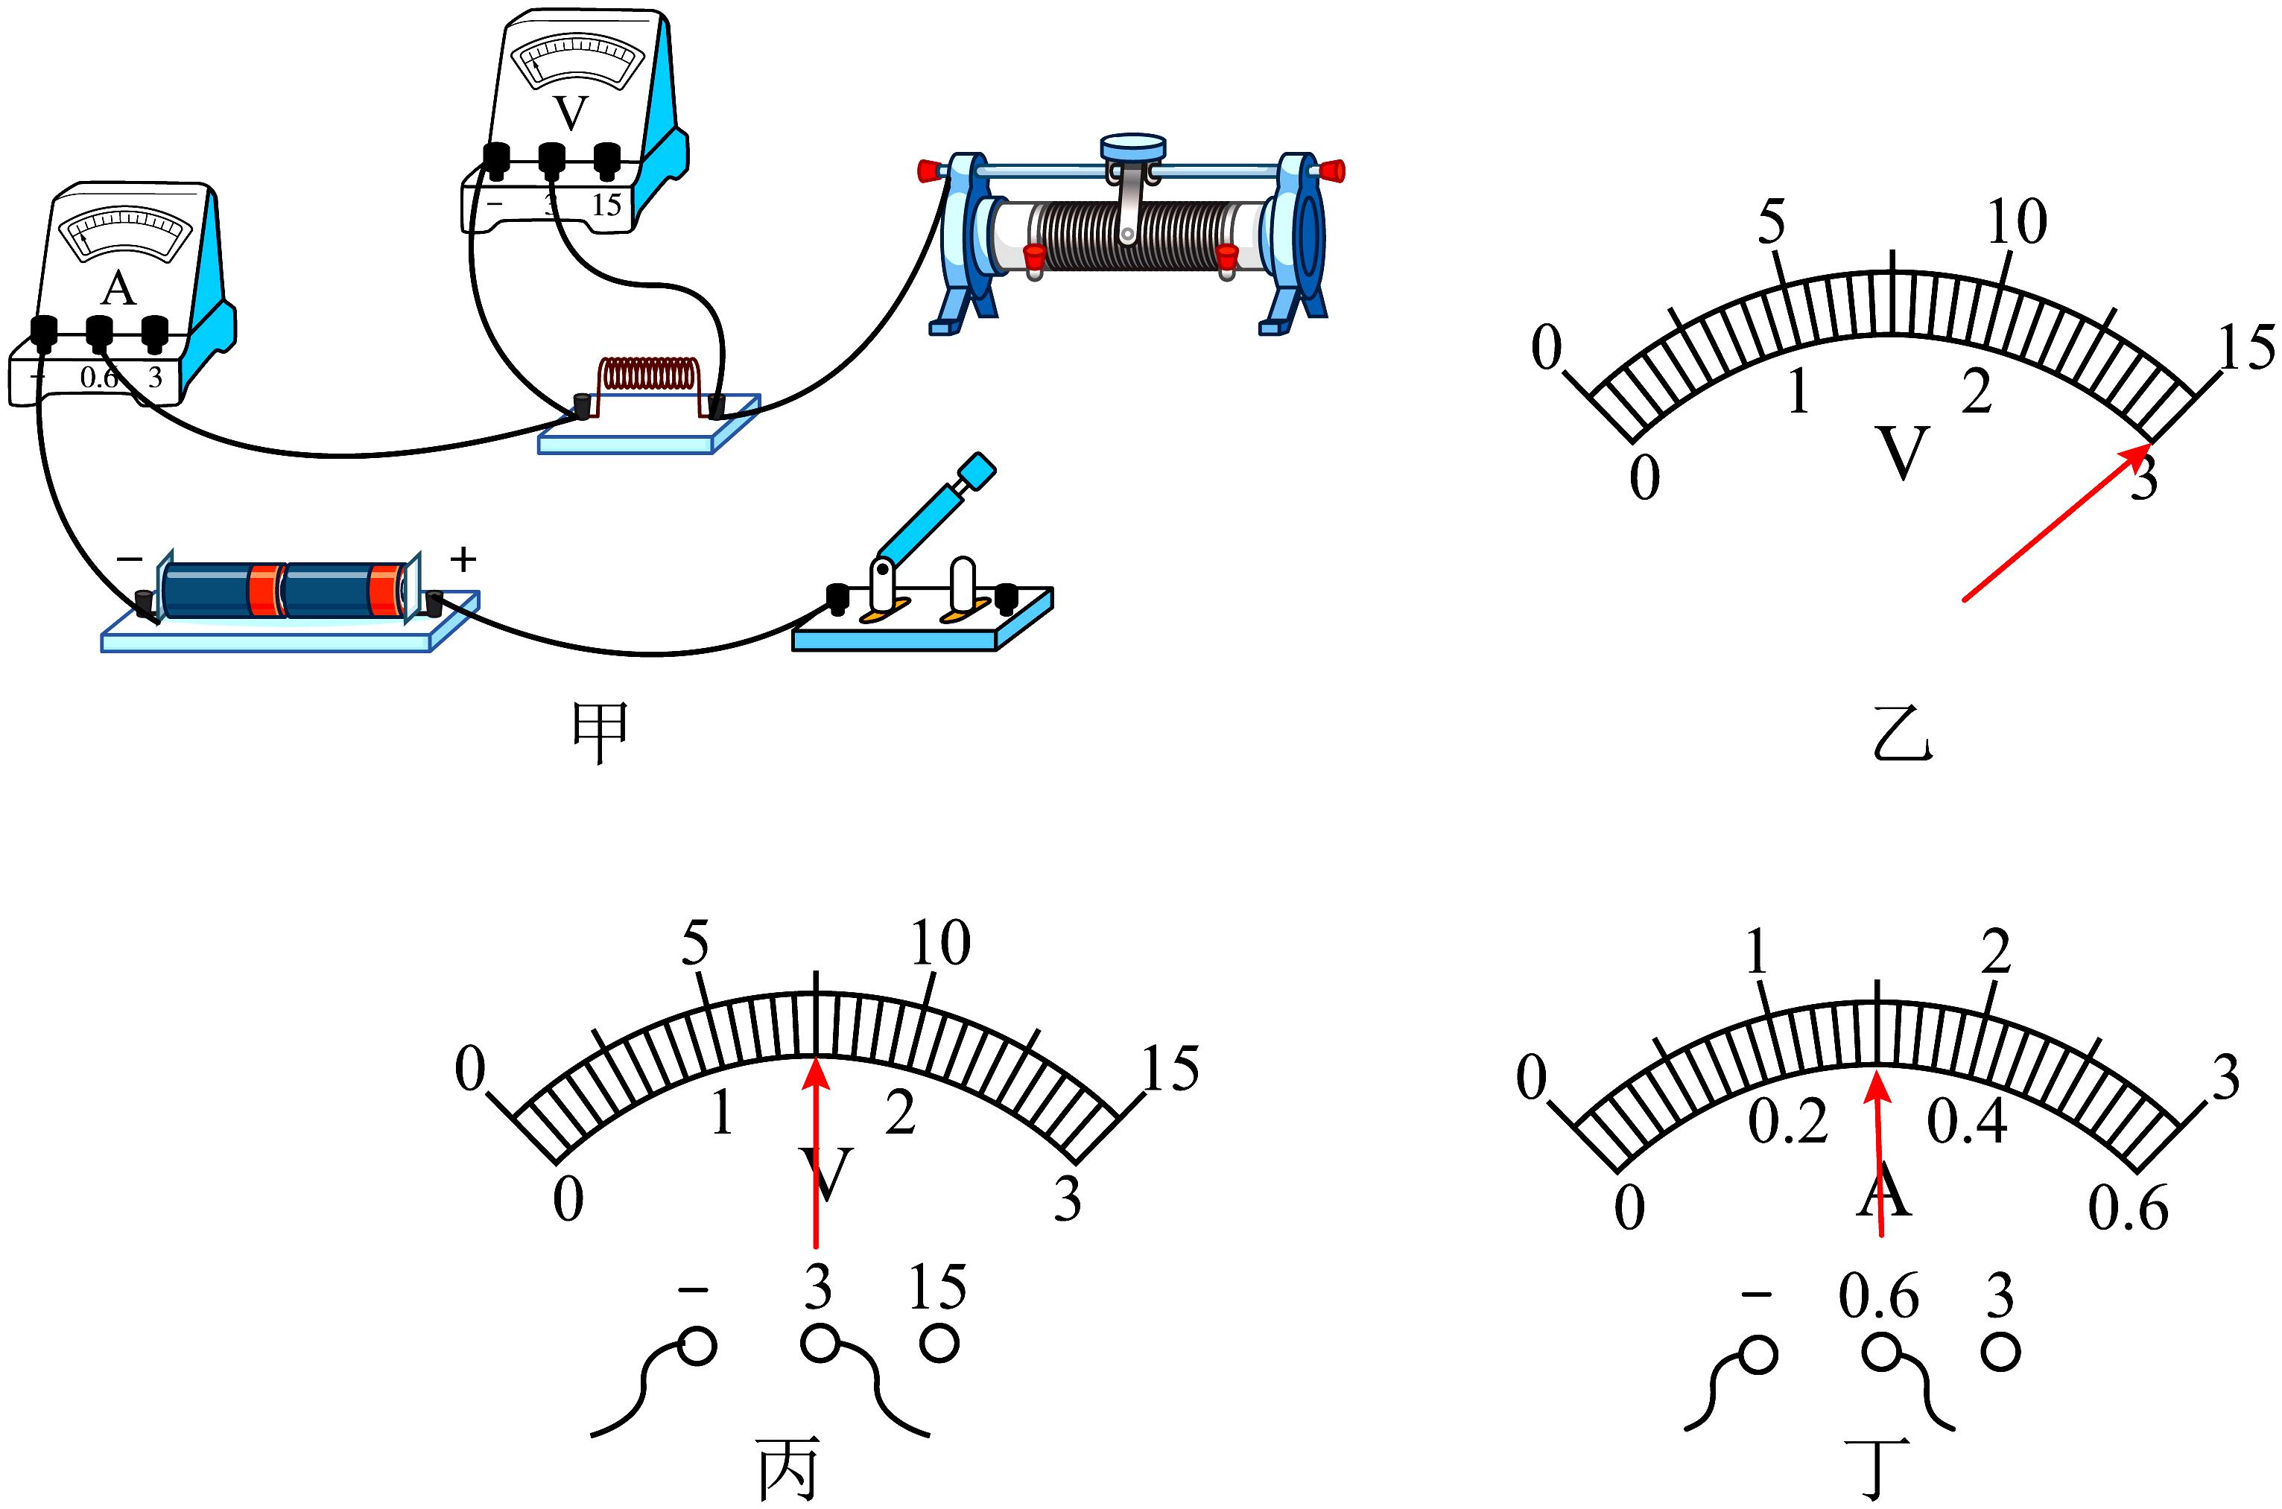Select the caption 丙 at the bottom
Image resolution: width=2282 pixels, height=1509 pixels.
pyautogui.click(x=788, y=1469)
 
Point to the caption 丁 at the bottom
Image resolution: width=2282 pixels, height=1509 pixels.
pyautogui.click(x=1877, y=1469)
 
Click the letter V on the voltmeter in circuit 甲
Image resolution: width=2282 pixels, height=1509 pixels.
pyautogui.click(x=571, y=113)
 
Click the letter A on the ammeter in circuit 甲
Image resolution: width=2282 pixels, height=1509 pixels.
pyautogui.click(x=118, y=287)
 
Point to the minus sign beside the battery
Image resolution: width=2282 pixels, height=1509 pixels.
pyautogui.click(x=130, y=558)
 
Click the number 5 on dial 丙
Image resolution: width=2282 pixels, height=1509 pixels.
pyautogui.click(x=695, y=943)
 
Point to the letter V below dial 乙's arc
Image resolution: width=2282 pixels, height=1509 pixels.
pyautogui.click(x=1903, y=452)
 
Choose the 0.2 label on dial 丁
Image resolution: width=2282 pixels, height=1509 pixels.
pyautogui.click(x=1788, y=1121)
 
